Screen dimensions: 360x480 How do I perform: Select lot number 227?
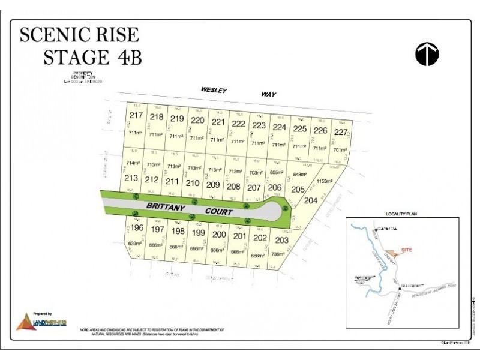341,132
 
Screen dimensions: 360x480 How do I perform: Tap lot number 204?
311,200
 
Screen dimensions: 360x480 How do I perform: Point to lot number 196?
137,228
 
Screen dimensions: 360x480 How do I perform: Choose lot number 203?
281,240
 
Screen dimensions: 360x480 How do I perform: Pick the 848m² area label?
299,175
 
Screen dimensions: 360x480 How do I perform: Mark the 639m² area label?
134,243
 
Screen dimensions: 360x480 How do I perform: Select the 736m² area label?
278,254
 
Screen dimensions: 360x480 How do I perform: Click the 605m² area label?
276,172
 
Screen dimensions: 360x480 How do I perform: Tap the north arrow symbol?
427,55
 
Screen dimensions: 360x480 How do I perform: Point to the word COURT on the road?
218,211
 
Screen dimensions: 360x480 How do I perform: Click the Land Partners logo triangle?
26,322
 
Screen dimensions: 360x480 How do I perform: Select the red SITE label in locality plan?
407,249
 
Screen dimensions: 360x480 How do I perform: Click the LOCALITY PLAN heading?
403,213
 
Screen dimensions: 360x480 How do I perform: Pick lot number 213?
131,178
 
